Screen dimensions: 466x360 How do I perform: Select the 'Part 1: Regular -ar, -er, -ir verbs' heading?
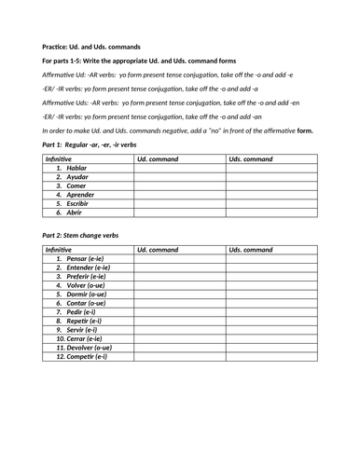point(90,145)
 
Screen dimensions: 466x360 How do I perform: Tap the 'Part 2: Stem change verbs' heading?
point(80,236)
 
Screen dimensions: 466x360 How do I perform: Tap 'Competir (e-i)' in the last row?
point(81,356)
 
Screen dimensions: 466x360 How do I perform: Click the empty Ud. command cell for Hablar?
point(179,168)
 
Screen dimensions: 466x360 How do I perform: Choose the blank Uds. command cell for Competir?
point(270,356)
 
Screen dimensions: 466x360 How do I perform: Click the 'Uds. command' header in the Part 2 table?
point(251,250)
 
